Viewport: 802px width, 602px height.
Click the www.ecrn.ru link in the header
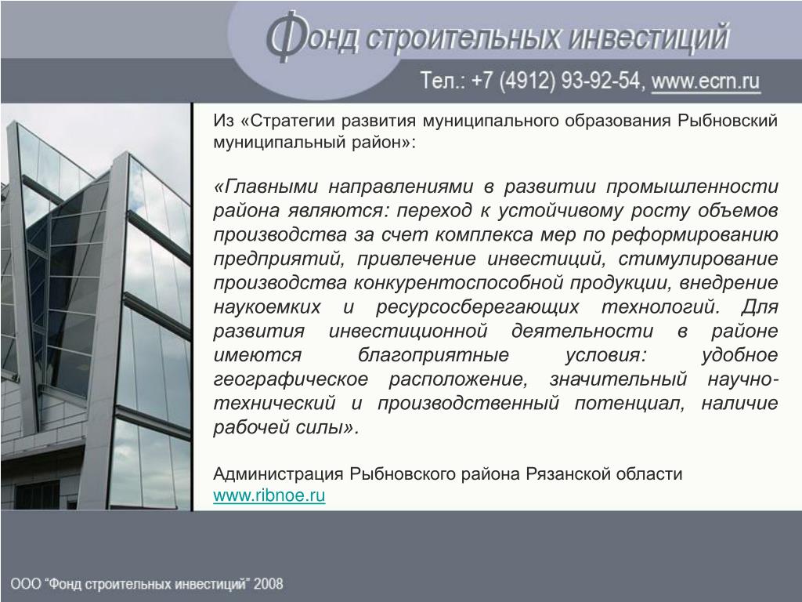[706, 82]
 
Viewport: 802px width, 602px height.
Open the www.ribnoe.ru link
[269, 495]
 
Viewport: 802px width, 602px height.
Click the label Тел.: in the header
[443, 81]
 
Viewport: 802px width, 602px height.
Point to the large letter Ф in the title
[285, 37]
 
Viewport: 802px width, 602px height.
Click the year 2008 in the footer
[269, 583]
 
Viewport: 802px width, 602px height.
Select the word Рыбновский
[728, 120]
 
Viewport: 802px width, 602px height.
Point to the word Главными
[271, 187]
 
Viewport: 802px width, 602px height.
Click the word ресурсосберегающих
[478, 307]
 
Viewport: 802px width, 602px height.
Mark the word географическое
[291, 379]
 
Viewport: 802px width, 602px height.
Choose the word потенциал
[630, 404]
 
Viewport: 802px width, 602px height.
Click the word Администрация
[278, 474]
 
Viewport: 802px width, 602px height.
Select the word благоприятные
[433, 355]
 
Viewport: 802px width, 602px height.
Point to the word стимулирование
[698, 259]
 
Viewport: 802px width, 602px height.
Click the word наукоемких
[267, 307]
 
